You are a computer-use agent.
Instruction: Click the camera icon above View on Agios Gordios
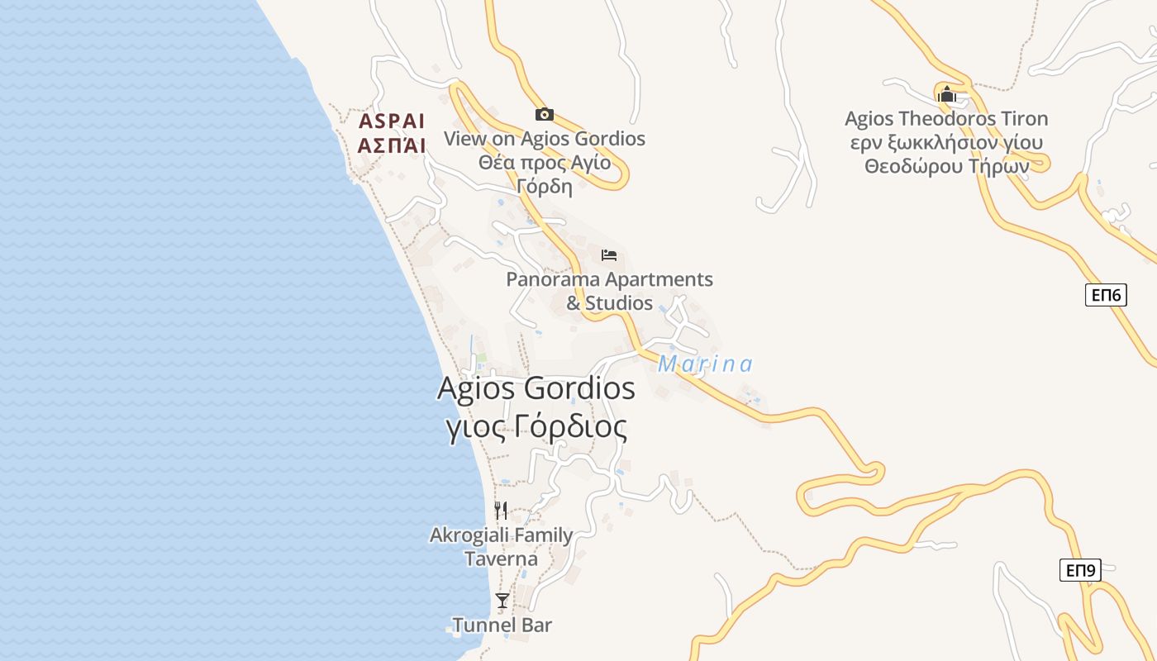pyautogui.click(x=544, y=114)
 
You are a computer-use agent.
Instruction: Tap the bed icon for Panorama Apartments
pyautogui.click(x=609, y=254)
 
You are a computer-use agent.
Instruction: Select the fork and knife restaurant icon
pyautogui.click(x=501, y=510)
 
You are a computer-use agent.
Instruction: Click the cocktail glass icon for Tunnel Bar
pyautogui.click(x=502, y=600)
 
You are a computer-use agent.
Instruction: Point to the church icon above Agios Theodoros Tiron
pyautogui.click(x=946, y=94)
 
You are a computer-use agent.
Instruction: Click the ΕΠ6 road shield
pyautogui.click(x=1106, y=294)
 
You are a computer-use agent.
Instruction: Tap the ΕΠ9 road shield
pyautogui.click(x=1080, y=570)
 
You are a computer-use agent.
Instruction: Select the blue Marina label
pyautogui.click(x=705, y=364)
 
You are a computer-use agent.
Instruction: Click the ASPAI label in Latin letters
pyautogui.click(x=392, y=121)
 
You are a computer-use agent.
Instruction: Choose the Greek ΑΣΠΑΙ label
pyautogui.click(x=392, y=145)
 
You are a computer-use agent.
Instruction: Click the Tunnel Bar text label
pyautogui.click(x=502, y=625)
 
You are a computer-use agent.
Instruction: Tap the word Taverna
pyautogui.click(x=501, y=559)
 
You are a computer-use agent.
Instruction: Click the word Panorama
pyautogui.click(x=552, y=279)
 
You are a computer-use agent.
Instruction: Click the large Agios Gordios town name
pyautogui.click(x=536, y=388)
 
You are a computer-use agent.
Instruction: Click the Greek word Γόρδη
pyautogui.click(x=545, y=186)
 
